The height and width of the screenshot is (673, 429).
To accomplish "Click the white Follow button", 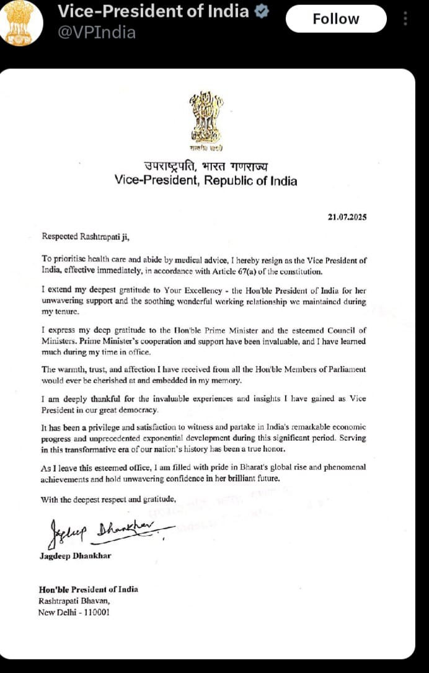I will pyautogui.click(x=335, y=19).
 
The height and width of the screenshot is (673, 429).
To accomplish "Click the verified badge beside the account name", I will pyautogui.click(x=263, y=11).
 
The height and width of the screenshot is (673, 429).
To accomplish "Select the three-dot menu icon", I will pyautogui.click(x=406, y=19).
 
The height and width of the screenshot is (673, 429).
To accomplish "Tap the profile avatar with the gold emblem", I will pyautogui.click(x=22, y=22).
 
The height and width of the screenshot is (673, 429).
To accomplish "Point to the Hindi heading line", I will pyautogui.click(x=206, y=166).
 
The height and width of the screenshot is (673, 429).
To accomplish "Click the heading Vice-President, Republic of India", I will pyautogui.click(x=206, y=181).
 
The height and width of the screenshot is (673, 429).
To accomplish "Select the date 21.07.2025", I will pyautogui.click(x=348, y=217).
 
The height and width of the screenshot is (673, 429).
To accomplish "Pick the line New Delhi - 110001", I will pyautogui.click(x=71, y=614).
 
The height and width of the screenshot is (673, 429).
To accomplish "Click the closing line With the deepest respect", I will pyautogui.click(x=108, y=499).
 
